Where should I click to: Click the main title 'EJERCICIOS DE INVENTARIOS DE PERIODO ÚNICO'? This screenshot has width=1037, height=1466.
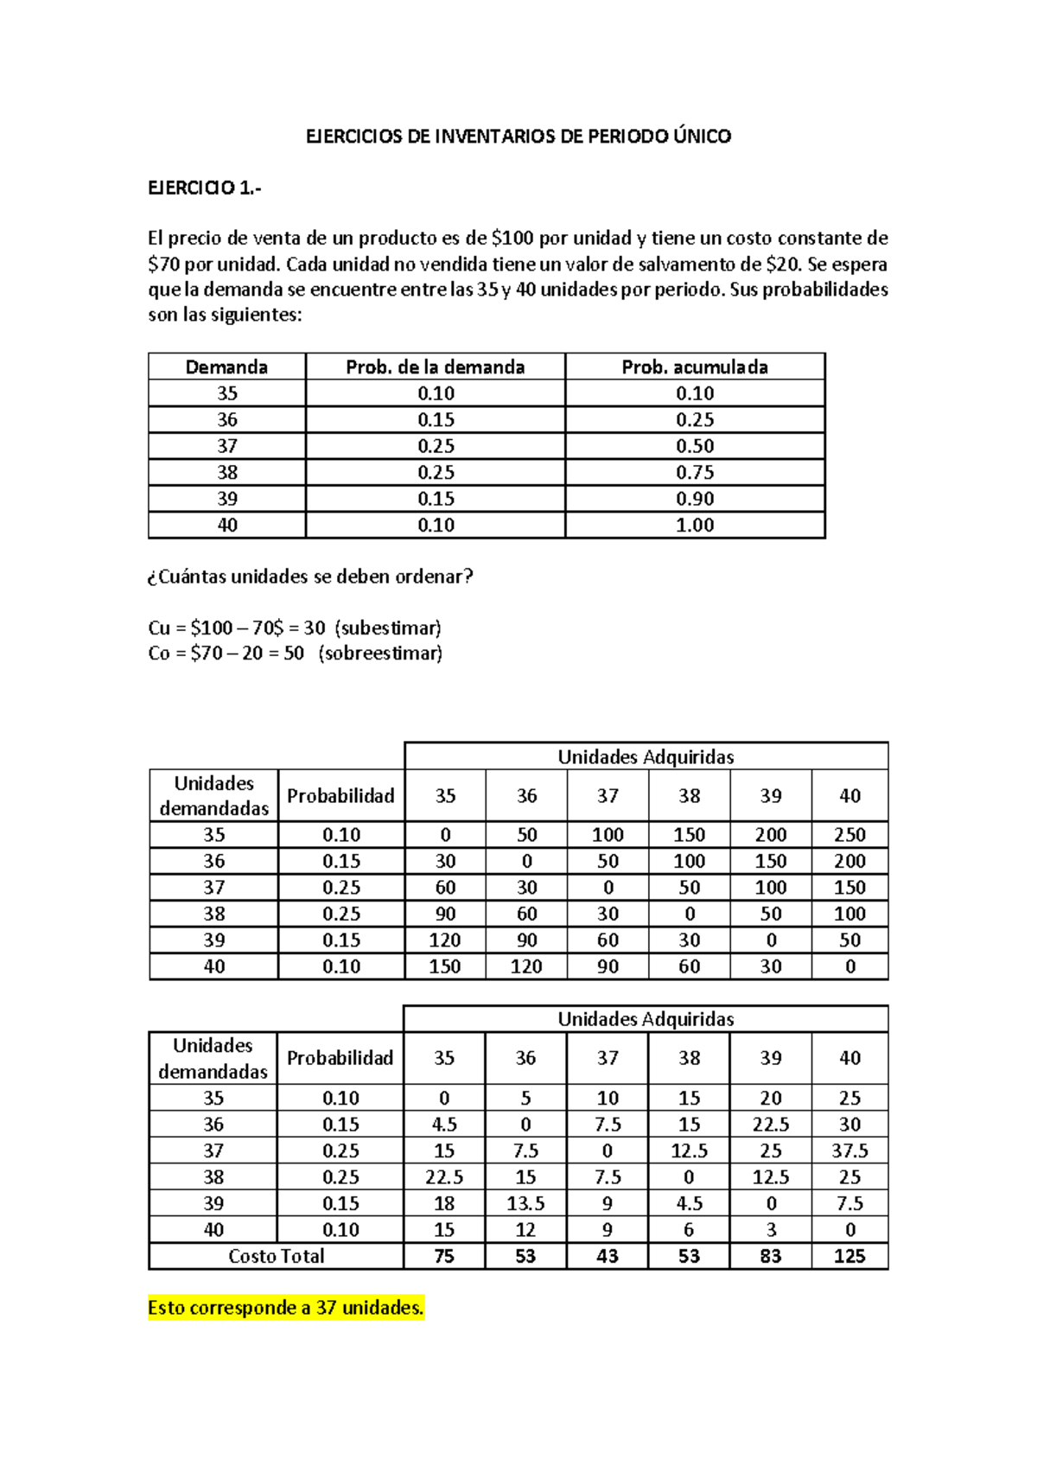coord(518,136)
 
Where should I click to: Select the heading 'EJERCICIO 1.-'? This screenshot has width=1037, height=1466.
coord(204,188)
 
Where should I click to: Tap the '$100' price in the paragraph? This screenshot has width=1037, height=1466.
coord(512,238)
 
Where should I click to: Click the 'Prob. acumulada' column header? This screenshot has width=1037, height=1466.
coord(695,366)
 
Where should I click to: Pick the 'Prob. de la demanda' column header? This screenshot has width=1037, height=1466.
coord(435,366)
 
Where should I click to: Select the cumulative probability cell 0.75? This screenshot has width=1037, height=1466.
coord(695,472)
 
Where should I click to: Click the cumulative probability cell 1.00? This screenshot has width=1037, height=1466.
coord(695,525)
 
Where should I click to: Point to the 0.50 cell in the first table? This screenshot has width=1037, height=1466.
coord(695,446)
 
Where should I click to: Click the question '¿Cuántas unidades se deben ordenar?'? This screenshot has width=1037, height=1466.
coord(311,577)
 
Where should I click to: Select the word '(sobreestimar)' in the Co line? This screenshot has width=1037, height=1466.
coord(380,653)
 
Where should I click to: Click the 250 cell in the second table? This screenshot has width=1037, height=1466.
coord(849,835)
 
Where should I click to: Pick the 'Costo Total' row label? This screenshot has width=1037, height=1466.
coord(276,1256)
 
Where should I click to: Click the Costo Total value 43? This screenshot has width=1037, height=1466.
coord(608,1256)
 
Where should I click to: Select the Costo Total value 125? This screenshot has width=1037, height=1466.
coord(849,1256)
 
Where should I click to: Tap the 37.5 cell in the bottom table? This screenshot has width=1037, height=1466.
coord(849,1150)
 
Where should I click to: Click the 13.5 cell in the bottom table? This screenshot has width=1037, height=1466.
coord(525,1203)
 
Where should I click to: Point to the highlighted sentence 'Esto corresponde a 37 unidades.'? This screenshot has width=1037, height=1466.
coord(285,1308)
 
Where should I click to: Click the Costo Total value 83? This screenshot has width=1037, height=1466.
coord(771,1256)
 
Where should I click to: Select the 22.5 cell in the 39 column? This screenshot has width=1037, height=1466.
coord(771,1125)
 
